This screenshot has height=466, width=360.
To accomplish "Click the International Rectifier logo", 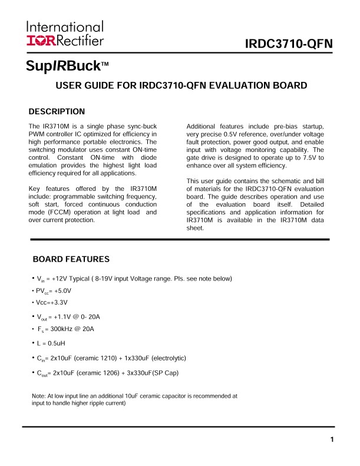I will tap(65, 33).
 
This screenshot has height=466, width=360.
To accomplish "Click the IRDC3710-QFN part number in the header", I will tap(289, 45).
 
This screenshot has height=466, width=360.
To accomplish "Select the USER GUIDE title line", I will tap(181, 85).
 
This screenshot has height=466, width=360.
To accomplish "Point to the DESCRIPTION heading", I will tap(57, 111).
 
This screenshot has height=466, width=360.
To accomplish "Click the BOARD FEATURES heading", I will tap(71, 259).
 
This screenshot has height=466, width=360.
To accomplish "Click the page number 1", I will tap(332, 439).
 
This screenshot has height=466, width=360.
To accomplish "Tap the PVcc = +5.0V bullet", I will tap(54, 291).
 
